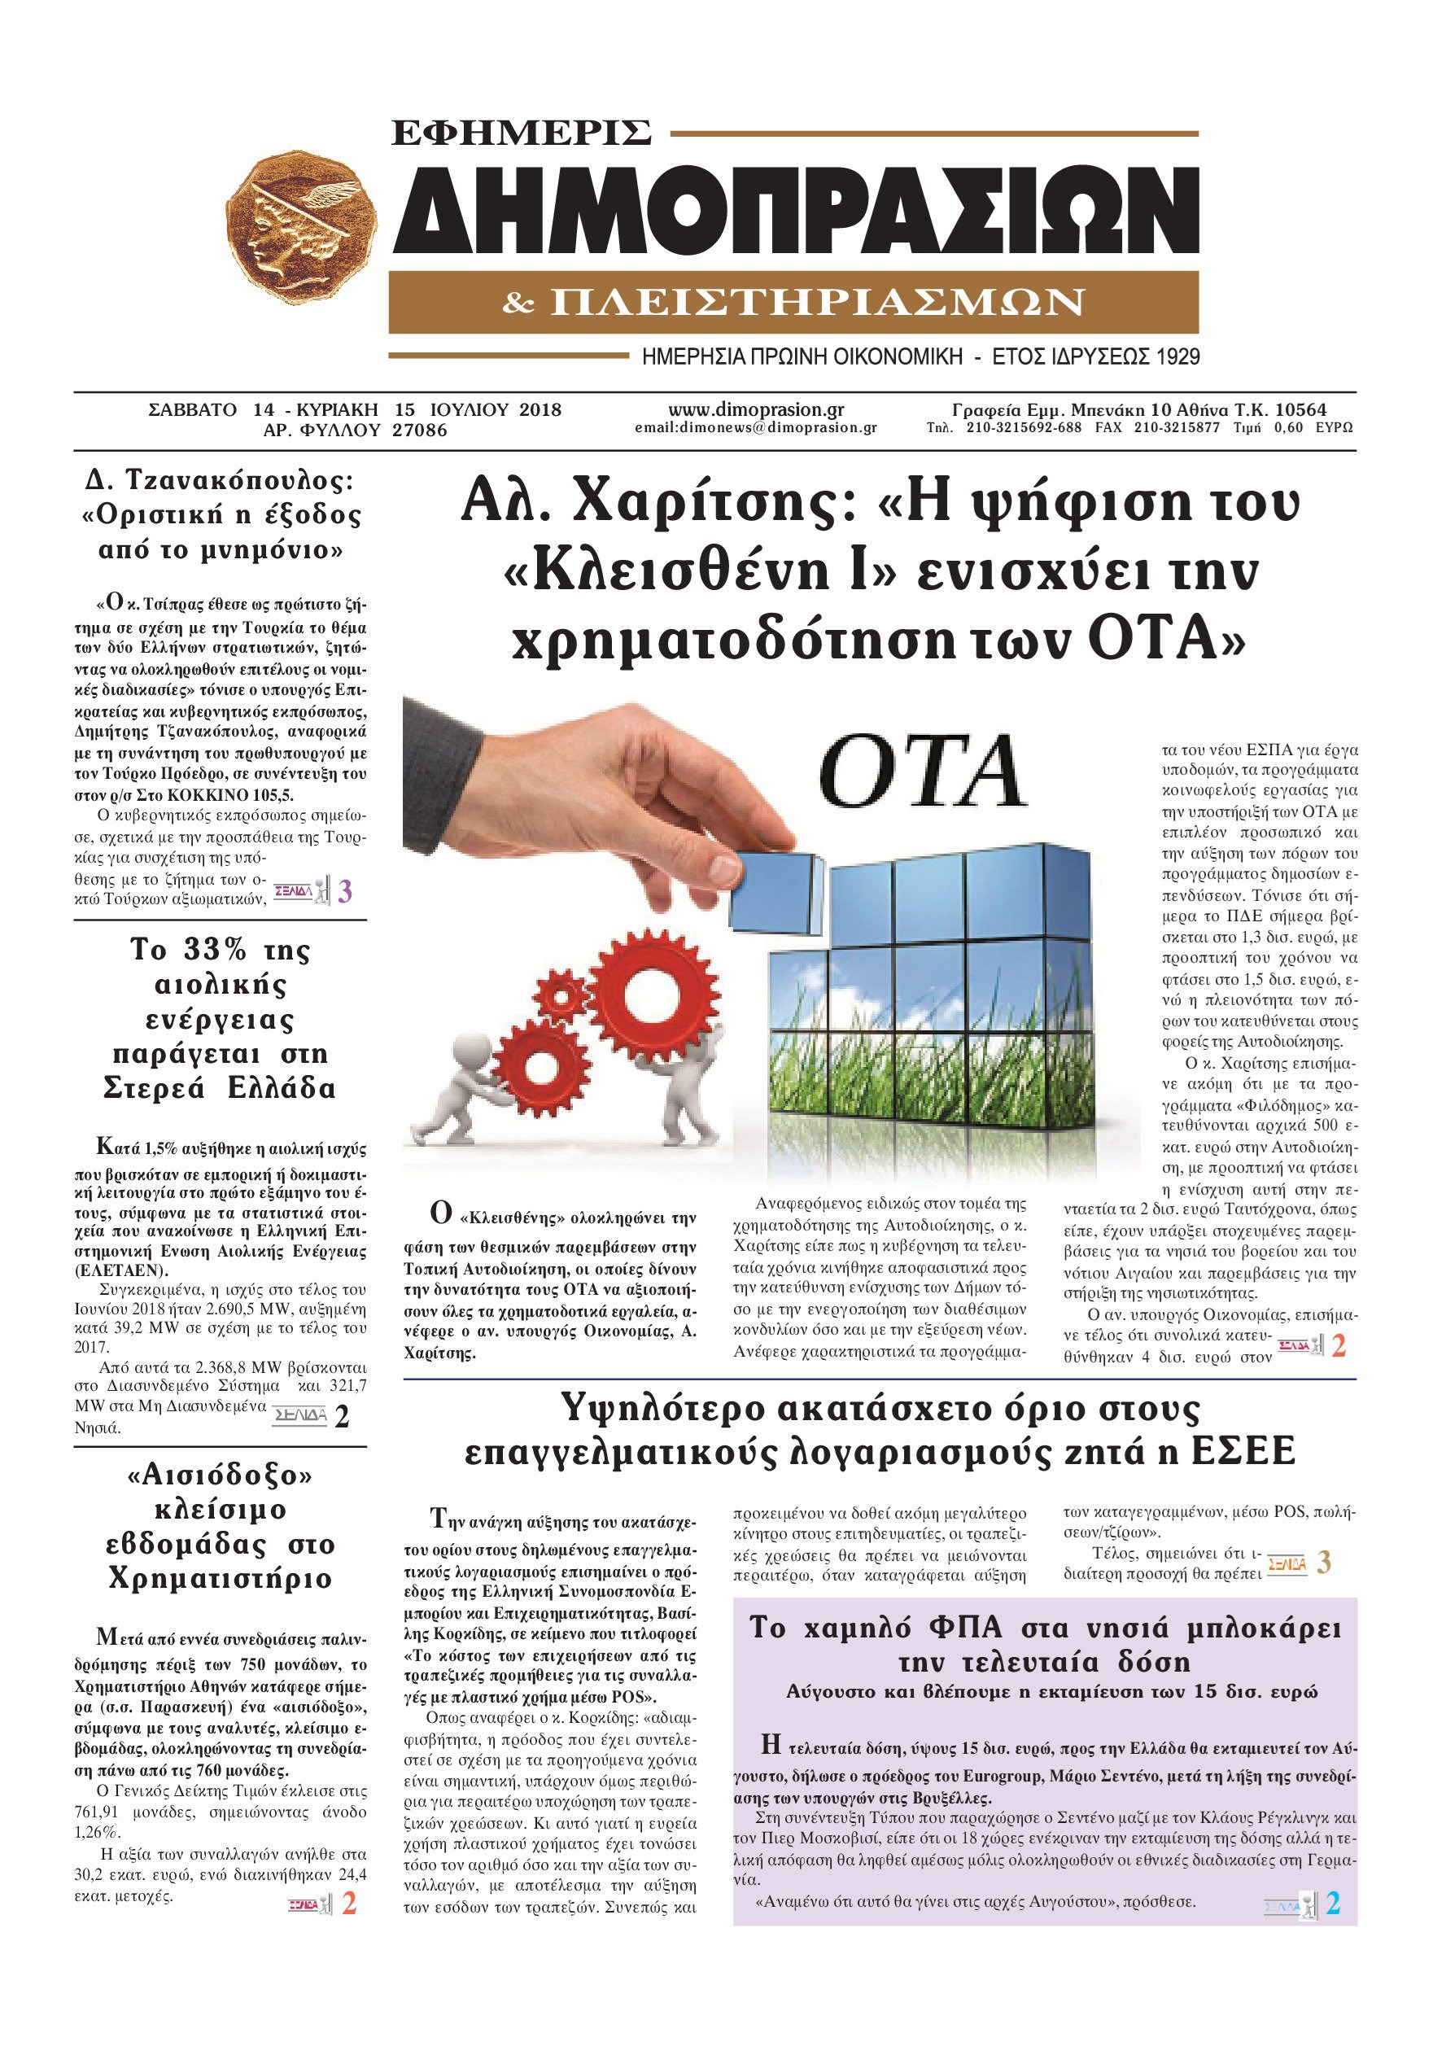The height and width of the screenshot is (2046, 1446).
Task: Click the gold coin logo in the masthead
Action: [x=300, y=226]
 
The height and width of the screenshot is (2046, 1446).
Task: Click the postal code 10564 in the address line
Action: [x=1300, y=410]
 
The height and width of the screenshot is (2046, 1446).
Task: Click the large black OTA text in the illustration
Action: [x=923, y=772]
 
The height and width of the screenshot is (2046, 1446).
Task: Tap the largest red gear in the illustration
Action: [x=655, y=992]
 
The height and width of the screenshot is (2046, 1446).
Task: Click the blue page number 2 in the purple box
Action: [x=1333, y=1904]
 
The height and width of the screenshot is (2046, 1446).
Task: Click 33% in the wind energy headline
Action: [x=215, y=950]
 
